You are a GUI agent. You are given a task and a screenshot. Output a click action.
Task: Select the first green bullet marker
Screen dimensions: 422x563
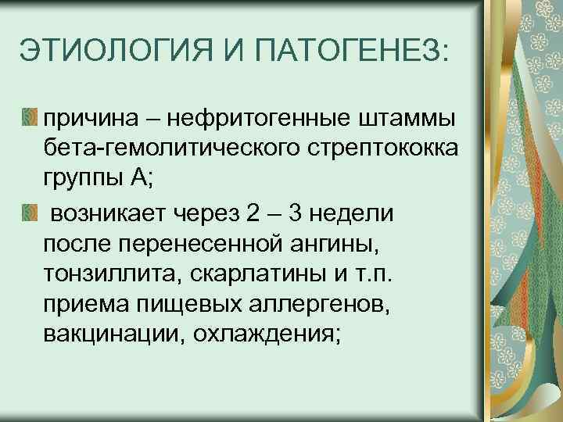point(28,116)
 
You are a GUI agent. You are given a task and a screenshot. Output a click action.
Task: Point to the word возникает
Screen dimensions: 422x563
point(102,213)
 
